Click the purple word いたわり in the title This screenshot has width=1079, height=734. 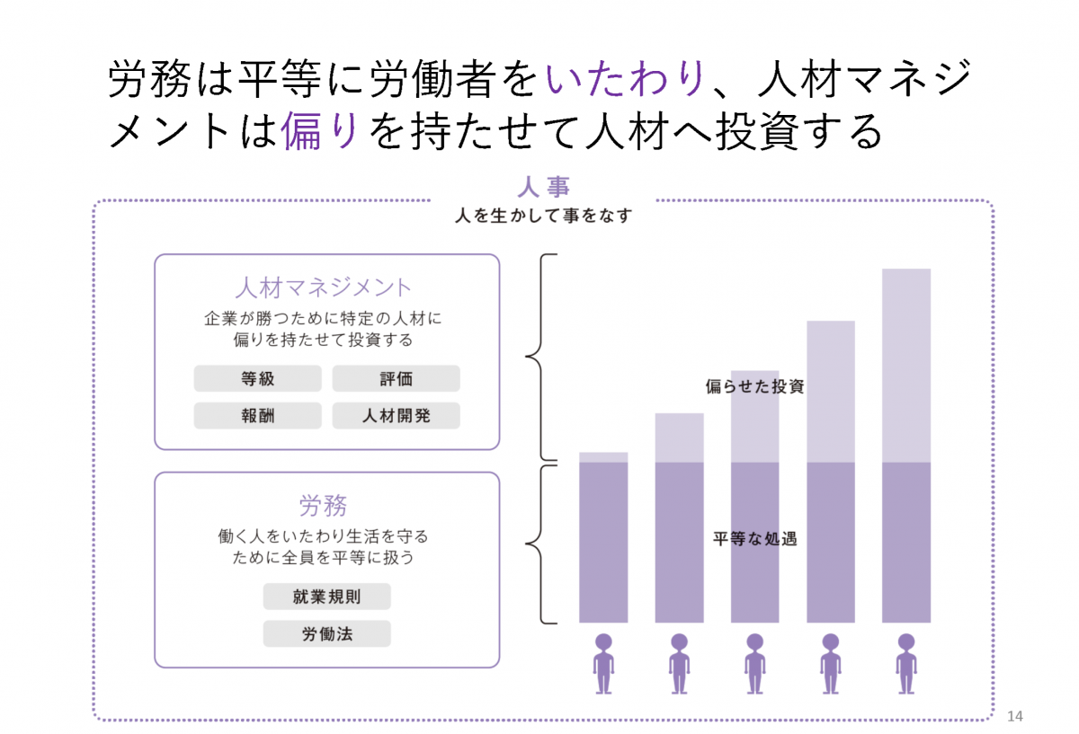[624, 80]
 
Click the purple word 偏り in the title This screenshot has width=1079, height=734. [320, 132]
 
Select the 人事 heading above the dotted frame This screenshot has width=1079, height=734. [544, 187]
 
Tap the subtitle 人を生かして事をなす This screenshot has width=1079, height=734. [544, 217]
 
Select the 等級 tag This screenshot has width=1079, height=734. [257, 378]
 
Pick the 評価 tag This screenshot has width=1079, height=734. [396, 378]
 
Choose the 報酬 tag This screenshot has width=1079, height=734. [257, 415]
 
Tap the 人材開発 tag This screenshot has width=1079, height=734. [396, 415]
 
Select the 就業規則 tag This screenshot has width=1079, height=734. [326, 597]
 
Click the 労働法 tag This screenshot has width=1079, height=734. [326, 633]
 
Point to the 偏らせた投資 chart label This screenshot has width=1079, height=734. [754, 388]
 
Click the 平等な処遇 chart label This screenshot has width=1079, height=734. [754, 540]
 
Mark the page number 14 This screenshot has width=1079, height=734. [1016, 716]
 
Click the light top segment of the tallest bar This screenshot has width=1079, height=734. [906, 364]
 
